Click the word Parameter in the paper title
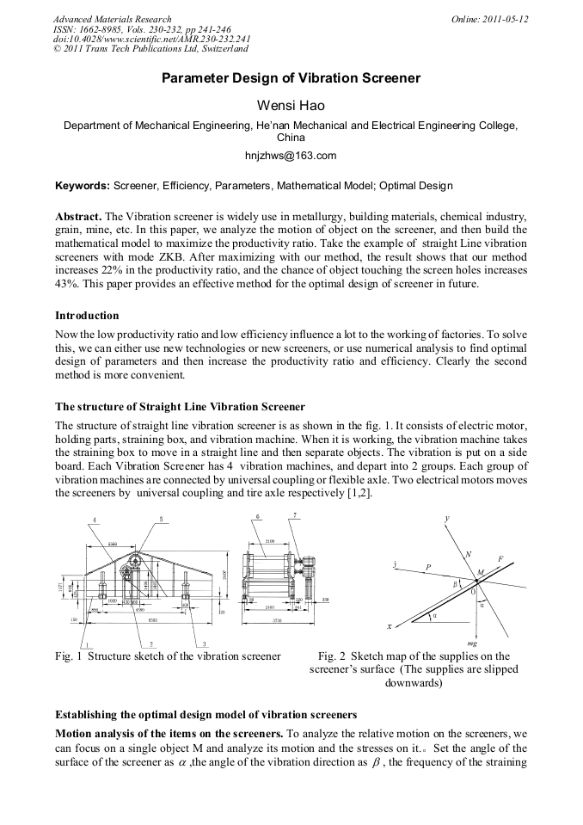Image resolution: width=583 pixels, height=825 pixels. click(196, 78)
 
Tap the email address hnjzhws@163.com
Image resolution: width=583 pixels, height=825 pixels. click(291, 156)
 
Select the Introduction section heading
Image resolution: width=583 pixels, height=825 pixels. click(87, 316)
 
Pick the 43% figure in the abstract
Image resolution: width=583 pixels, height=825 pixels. click(66, 285)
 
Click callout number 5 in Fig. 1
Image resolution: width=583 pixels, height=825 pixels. click(161, 519)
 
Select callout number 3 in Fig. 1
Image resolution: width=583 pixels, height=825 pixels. click(203, 643)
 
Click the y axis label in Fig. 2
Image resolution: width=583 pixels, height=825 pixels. click(447, 518)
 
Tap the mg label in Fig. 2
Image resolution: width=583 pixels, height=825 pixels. click(471, 643)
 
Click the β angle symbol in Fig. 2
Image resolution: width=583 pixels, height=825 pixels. click(456, 582)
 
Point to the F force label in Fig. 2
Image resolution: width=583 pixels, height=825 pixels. click(500, 559)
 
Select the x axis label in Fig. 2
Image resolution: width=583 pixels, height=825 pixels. click(390, 626)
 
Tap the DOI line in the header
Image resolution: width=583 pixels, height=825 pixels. click(151, 39)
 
